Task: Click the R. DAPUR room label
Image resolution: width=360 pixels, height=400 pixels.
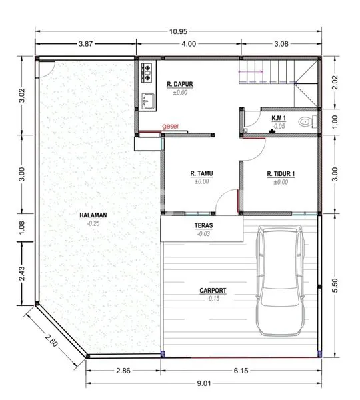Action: tap(179, 84)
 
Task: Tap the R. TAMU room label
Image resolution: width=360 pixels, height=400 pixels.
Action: tap(201, 173)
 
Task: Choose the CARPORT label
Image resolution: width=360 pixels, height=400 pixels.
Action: tap(213, 291)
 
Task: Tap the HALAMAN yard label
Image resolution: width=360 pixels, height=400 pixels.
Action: tap(93, 215)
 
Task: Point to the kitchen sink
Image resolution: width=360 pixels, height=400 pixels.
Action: tap(147, 100)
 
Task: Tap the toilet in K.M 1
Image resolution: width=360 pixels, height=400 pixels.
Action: tap(305, 121)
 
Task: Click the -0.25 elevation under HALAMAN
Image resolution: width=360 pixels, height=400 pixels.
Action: tap(93, 223)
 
